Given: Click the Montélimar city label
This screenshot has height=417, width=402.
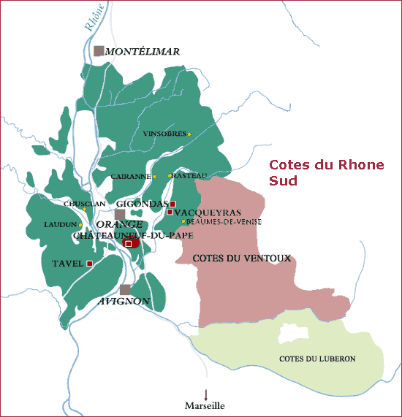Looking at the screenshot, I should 143,52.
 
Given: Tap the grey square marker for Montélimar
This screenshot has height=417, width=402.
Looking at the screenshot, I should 99,50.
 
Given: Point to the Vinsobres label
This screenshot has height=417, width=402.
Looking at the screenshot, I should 164,134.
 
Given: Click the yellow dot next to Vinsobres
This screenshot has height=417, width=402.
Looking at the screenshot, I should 189,134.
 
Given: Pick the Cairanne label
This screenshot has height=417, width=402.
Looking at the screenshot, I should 131,176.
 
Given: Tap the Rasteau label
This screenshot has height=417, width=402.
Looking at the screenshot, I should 191,175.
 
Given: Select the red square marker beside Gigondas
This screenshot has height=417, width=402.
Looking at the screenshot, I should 173,203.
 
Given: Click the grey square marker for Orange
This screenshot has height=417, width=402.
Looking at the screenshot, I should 120,214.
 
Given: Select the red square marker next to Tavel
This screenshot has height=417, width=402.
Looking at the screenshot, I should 89,263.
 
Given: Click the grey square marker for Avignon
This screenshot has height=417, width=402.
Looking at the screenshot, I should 126,290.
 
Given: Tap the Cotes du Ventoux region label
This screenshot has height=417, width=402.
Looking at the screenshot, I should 242,259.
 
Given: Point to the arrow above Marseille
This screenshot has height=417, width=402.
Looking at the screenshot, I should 205,394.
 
